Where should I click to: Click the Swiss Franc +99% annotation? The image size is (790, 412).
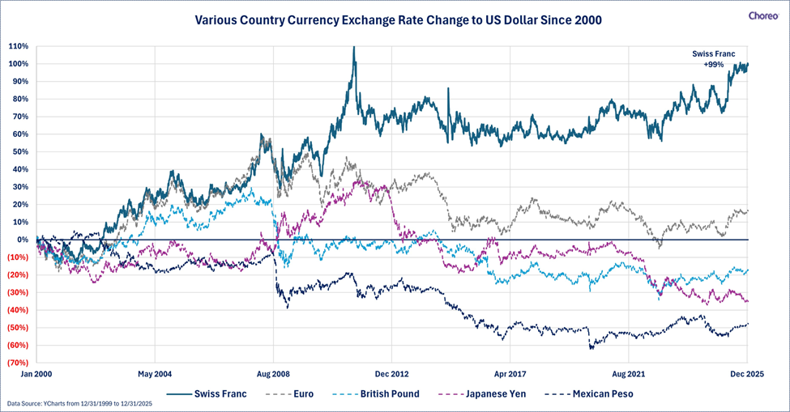pyautogui.click(x=713, y=58)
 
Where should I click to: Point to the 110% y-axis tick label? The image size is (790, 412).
pyautogui.click(x=19, y=46)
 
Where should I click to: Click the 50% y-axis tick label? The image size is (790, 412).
pyautogui.click(x=20, y=151)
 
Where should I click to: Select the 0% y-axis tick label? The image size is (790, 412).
pyautogui.click(x=23, y=240)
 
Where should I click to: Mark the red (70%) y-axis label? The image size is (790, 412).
pyautogui.click(x=19, y=363)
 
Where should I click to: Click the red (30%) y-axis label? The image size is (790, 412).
pyautogui.click(x=19, y=292)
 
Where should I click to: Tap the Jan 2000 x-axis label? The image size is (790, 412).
pyautogui.click(x=37, y=376)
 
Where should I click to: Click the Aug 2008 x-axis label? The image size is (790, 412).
pyautogui.click(x=274, y=376)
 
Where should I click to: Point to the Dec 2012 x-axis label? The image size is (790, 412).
pyautogui.click(x=391, y=376)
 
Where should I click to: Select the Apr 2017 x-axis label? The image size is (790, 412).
pyautogui.click(x=510, y=376)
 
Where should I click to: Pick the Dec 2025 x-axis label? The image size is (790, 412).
pyautogui.click(x=745, y=376)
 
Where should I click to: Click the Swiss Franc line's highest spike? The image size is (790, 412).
pyautogui.click(x=354, y=48)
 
